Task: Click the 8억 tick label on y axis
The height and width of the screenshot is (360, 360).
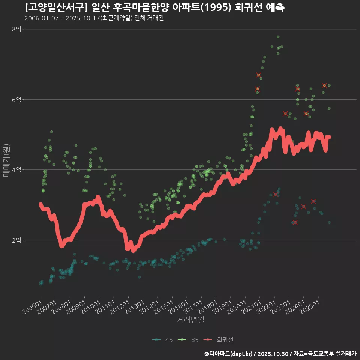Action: pos(16,29)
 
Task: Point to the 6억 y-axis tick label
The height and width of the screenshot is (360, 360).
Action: pos(16,99)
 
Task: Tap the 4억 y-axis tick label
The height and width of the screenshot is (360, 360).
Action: pos(16,170)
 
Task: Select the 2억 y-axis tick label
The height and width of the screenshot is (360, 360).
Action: pos(16,240)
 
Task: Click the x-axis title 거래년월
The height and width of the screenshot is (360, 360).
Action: pos(190,319)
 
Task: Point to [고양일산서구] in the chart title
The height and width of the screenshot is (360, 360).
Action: pos(56,7)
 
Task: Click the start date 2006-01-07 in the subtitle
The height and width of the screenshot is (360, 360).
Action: pos(41,18)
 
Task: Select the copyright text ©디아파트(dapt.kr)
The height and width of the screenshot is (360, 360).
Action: pos(229,354)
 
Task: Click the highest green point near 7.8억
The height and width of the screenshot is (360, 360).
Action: pos(278,37)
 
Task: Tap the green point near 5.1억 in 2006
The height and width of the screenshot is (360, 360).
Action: pos(51,132)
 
